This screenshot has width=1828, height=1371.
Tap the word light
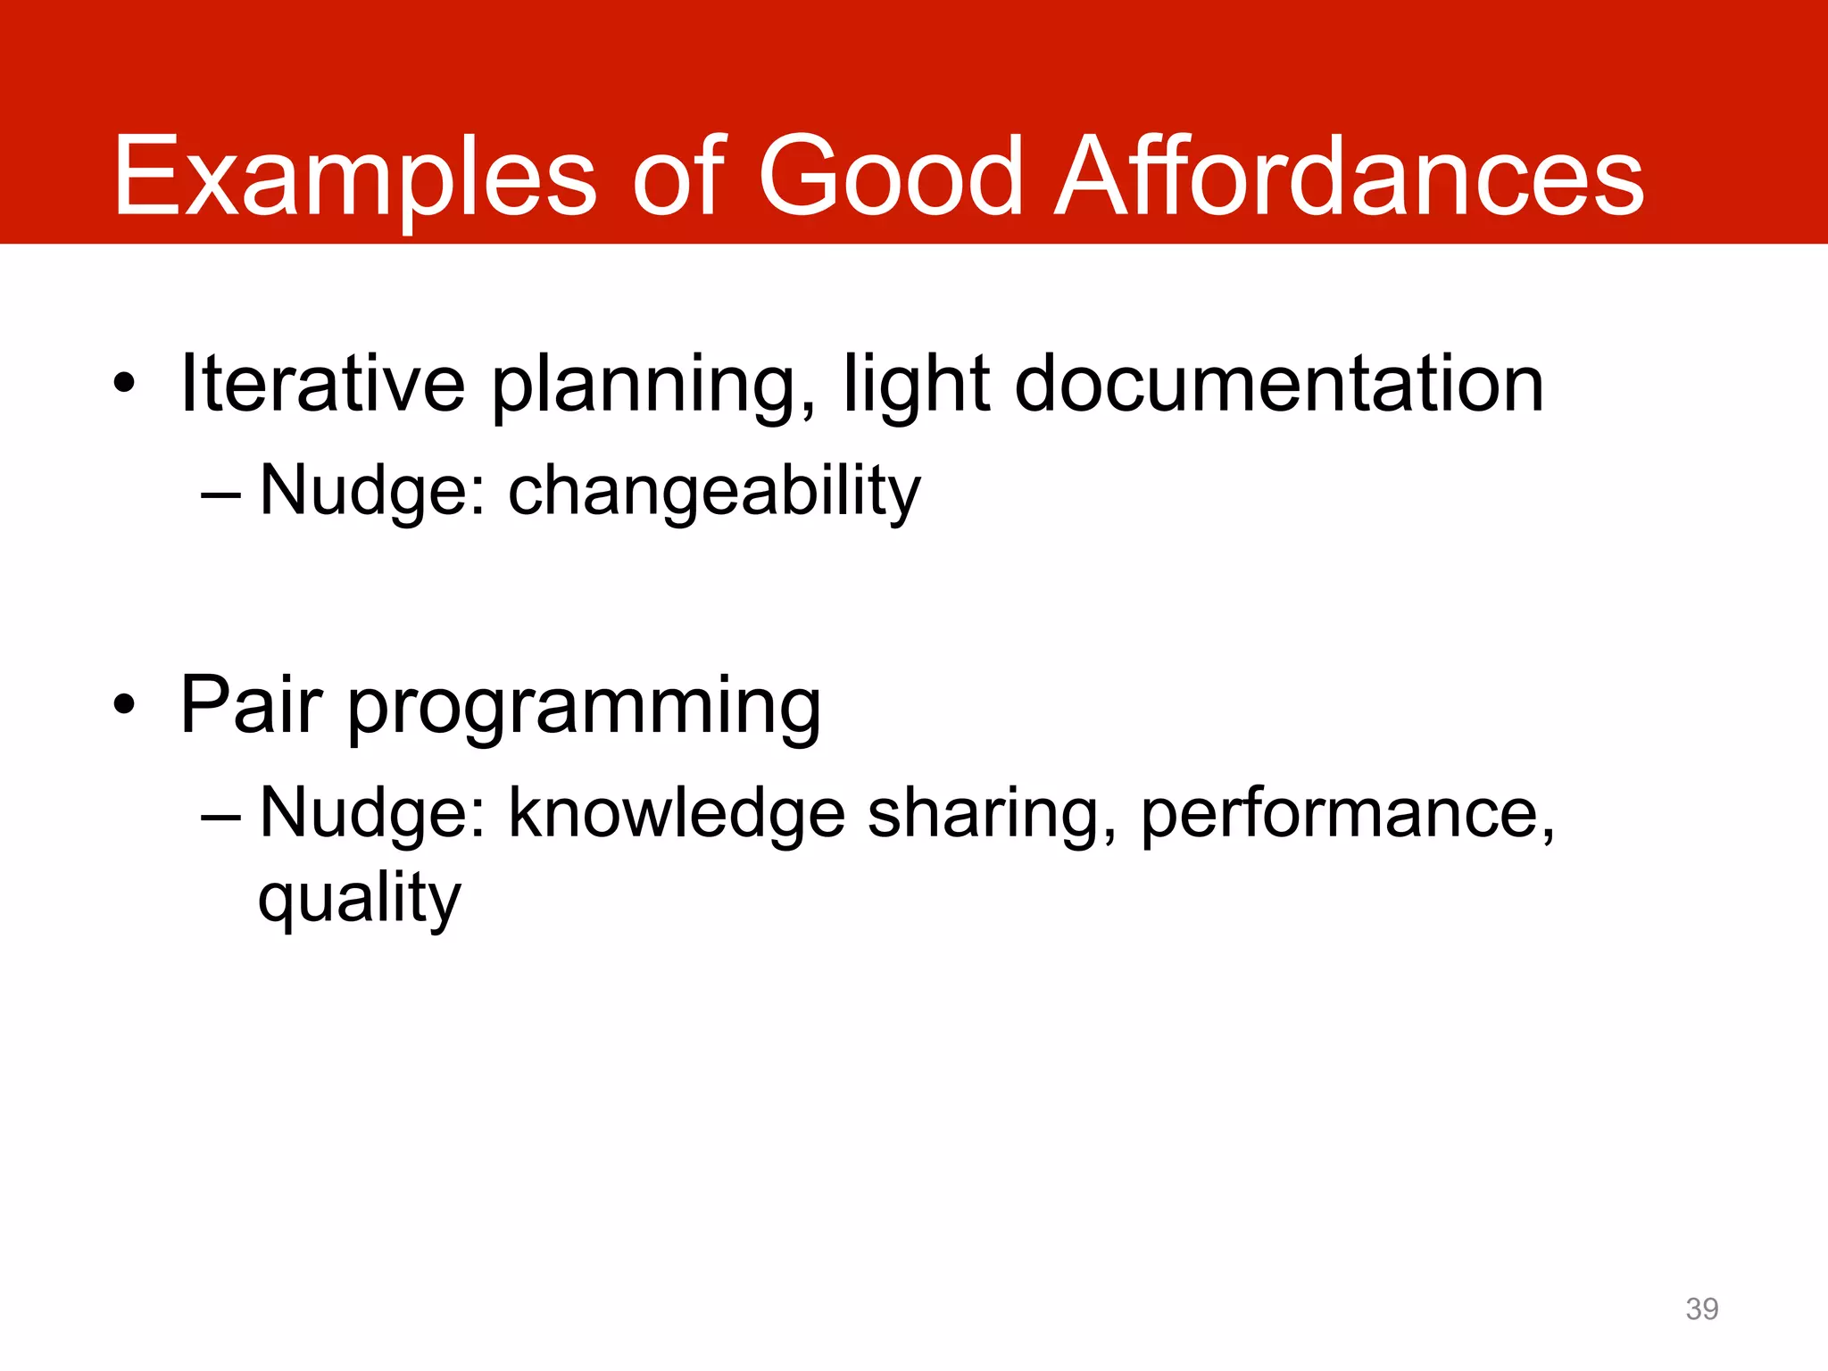[x=917, y=386]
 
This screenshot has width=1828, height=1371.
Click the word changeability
[x=714, y=492]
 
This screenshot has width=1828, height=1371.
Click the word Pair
[x=251, y=705]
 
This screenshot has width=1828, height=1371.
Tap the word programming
[x=584, y=709]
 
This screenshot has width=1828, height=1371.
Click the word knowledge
[x=677, y=814]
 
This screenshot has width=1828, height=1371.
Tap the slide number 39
[x=1701, y=1309]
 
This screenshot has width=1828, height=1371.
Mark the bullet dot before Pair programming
[x=124, y=706]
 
